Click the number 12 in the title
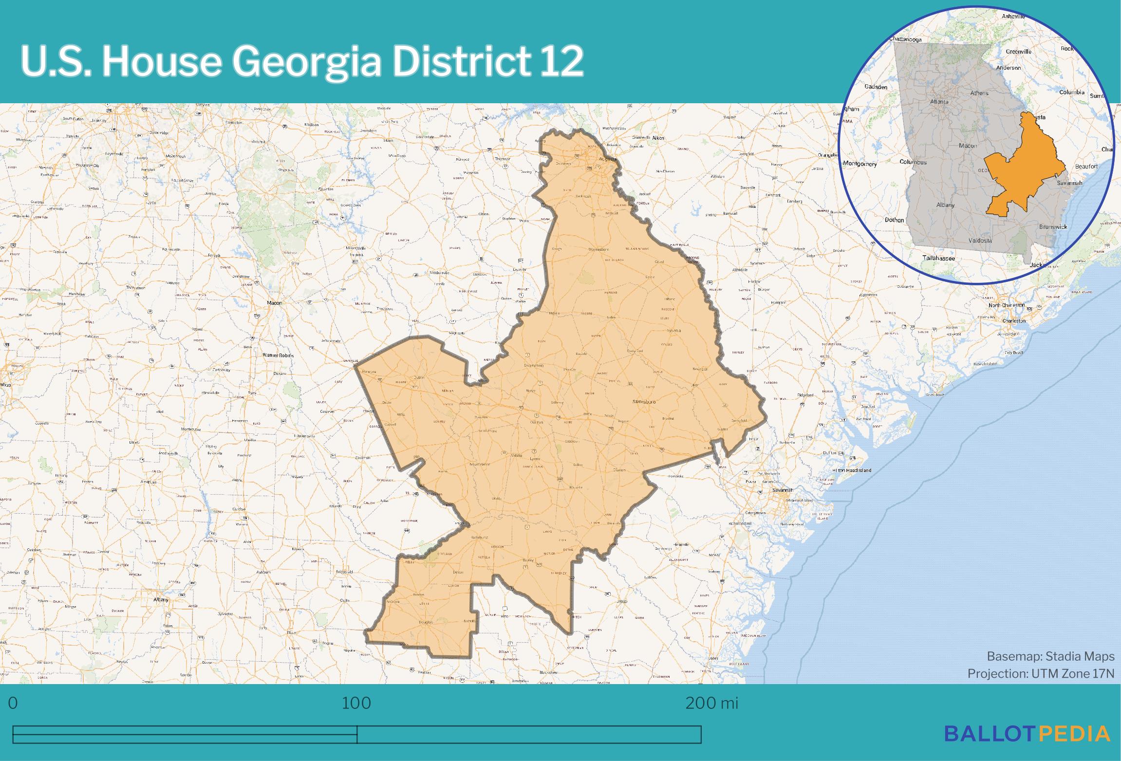(x=560, y=61)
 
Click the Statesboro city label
(x=644, y=402)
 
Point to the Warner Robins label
(x=278, y=355)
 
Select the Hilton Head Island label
(x=852, y=470)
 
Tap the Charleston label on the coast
(x=1014, y=321)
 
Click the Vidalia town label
(x=516, y=455)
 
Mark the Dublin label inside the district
(x=419, y=377)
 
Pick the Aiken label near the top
(x=658, y=138)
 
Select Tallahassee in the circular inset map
(x=938, y=258)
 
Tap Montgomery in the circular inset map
(x=860, y=164)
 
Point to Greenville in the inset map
(x=1019, y=51)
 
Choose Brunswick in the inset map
(x=1053, y=227)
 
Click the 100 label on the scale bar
(x=356, y=703)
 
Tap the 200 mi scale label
(x=711, y=703)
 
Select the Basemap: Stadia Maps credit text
(x=1050, y=656)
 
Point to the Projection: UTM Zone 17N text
(x=1041, y=673)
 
